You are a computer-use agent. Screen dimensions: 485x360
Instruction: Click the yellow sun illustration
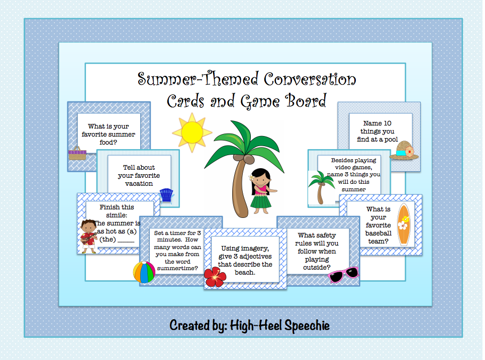click(x=192, y=132)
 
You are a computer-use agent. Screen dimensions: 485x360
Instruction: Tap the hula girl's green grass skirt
click(x=260, y=201)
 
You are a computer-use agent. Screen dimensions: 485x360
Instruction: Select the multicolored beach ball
click(x=144, y=272)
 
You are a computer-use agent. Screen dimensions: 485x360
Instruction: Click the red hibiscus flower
click(x=215, y=277)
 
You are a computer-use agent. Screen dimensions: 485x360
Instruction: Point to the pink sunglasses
click(x=343, y=275)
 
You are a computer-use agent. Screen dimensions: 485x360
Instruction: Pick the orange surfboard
click(x=404, y=224)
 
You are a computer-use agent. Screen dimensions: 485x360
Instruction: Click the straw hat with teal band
click(x=404, y=151)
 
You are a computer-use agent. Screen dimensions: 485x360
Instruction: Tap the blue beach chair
click(x=166, y=195)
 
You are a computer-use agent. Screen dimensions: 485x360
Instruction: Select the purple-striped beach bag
click(x=77, y=153)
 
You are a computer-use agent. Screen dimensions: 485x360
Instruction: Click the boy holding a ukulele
click(x=88, y=236)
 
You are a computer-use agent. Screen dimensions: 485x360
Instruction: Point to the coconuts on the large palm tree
click(x=244, y=159)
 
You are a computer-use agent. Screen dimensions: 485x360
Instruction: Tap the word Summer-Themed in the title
click(x=198, y=79)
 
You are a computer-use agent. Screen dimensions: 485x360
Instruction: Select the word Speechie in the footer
click(x=307, y=326)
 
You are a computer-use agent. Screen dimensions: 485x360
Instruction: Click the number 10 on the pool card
click(x=387, y=124)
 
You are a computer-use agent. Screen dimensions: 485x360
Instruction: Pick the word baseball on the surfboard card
click(x=378, y=233)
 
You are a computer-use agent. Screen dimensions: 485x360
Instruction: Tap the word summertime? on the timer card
click(x=177, y=268)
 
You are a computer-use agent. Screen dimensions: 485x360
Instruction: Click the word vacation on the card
click(x=139, y=184)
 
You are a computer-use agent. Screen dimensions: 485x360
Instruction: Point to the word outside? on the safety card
click(x=317, y=267)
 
